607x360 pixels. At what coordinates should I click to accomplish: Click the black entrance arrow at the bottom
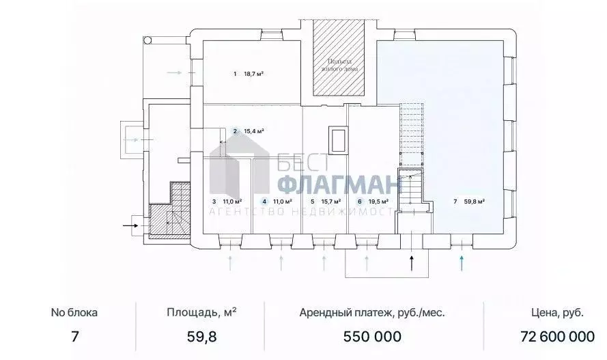click(412, 262)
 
